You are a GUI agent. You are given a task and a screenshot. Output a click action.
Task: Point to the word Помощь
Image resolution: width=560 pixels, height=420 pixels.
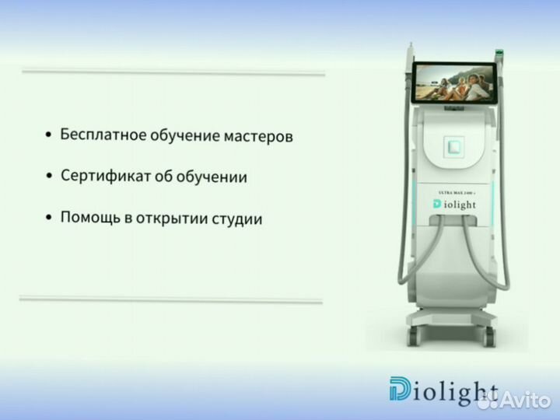87,219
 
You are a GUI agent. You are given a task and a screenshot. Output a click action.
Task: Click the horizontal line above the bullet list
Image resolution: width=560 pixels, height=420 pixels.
173,73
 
